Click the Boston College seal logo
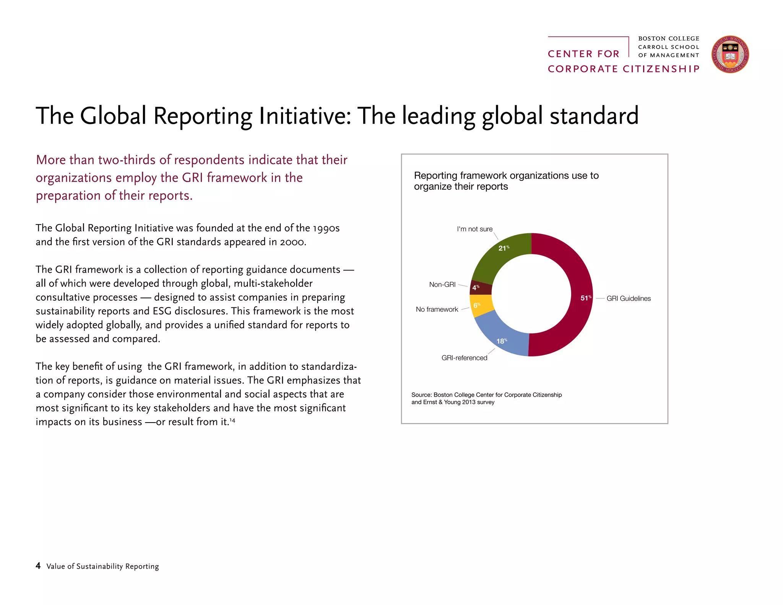tap(729, 55)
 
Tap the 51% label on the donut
tap(585, 298)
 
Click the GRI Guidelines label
tap(628, 299)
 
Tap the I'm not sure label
tap(474, 229)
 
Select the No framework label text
tap(437, 309)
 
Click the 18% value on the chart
tap(501, 341)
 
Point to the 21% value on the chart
tap(503, 248)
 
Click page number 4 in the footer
tap(38, 566)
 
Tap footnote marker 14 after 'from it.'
tap(232, 421)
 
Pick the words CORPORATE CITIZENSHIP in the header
tap(623, 69)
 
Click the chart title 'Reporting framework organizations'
tap(506, 176)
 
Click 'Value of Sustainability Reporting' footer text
tap(102, 566)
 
